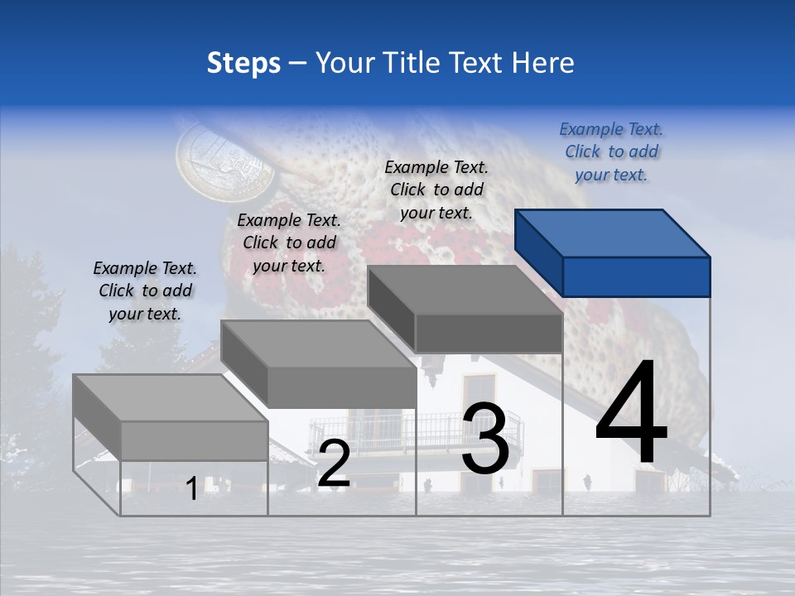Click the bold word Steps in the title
point(243,63)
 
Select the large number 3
point(484,440)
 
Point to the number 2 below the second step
point(334,464)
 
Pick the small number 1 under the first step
point(191,488)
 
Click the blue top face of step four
point(613,232)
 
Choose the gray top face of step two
point(319,344)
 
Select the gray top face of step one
point(170,397)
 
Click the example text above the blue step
point(611,151)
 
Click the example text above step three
point(436,190)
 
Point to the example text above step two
point(289,243)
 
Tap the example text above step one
point(145,291)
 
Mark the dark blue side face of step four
point(538,252)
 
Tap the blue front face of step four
point(636,276)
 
